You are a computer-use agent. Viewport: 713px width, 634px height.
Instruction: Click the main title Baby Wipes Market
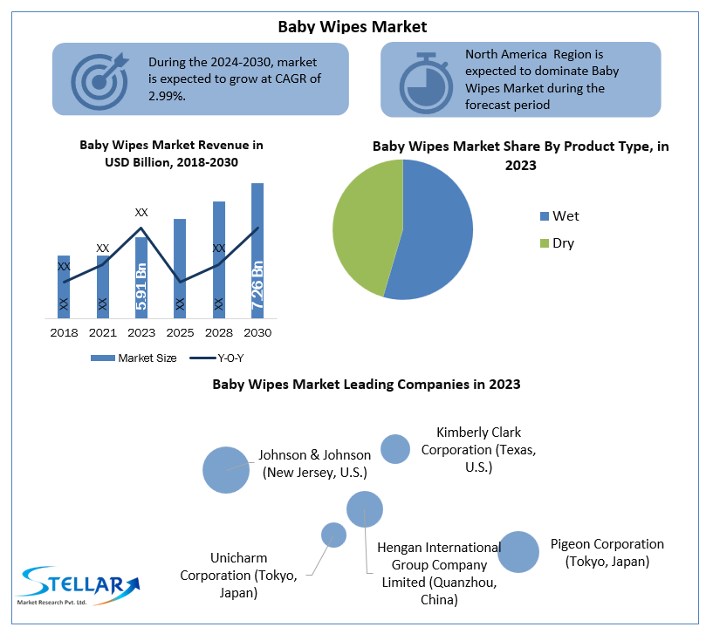[x=353, y=26]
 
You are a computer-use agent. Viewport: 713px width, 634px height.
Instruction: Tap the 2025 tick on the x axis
[x=180, y=333]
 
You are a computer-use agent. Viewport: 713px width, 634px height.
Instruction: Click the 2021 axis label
[x=103, y=333]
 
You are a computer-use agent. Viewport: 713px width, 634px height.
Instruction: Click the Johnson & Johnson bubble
[x=226, y=469]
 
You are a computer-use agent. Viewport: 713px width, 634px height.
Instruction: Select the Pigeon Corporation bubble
[x=518, y=551]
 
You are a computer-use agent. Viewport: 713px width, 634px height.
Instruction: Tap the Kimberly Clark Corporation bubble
[x=395, y=448]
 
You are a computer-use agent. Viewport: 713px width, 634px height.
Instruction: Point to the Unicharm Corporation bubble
[x=333, y=535]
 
